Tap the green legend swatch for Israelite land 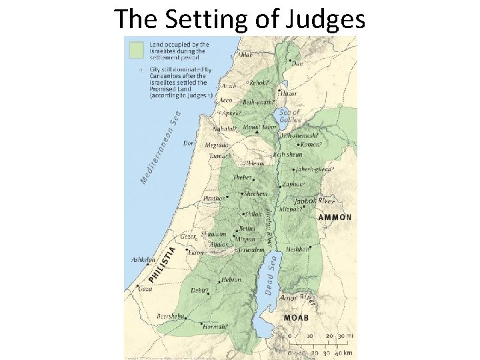click(137, 49)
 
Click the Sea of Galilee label click(290, 116)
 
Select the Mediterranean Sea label click(160, 147)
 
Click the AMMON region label click(335, 217)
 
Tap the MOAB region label click(296, 318)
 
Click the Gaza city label click(145, 289)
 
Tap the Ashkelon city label click(142, 260)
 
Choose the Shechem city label click(256, 193)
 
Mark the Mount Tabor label click(260, 127)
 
